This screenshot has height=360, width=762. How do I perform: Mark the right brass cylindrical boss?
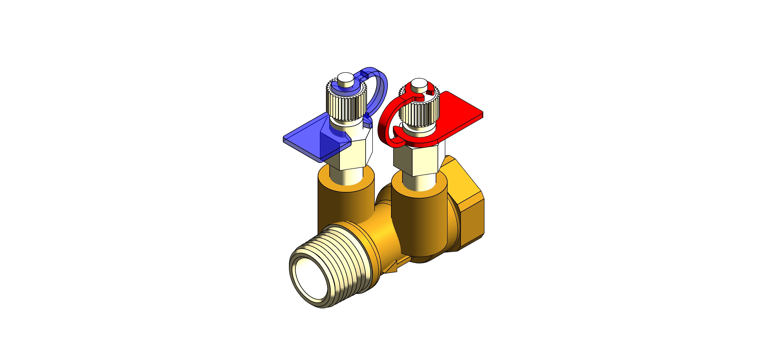tap(420, 219)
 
